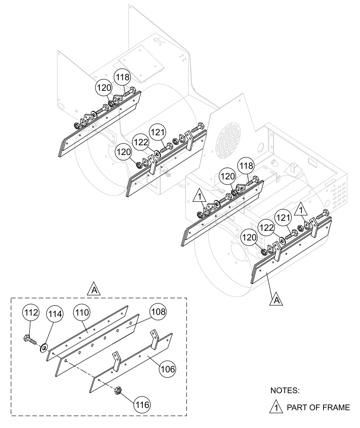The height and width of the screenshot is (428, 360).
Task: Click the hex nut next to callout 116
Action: (118, 390)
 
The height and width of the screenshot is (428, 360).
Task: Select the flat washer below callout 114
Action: (43, 347)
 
